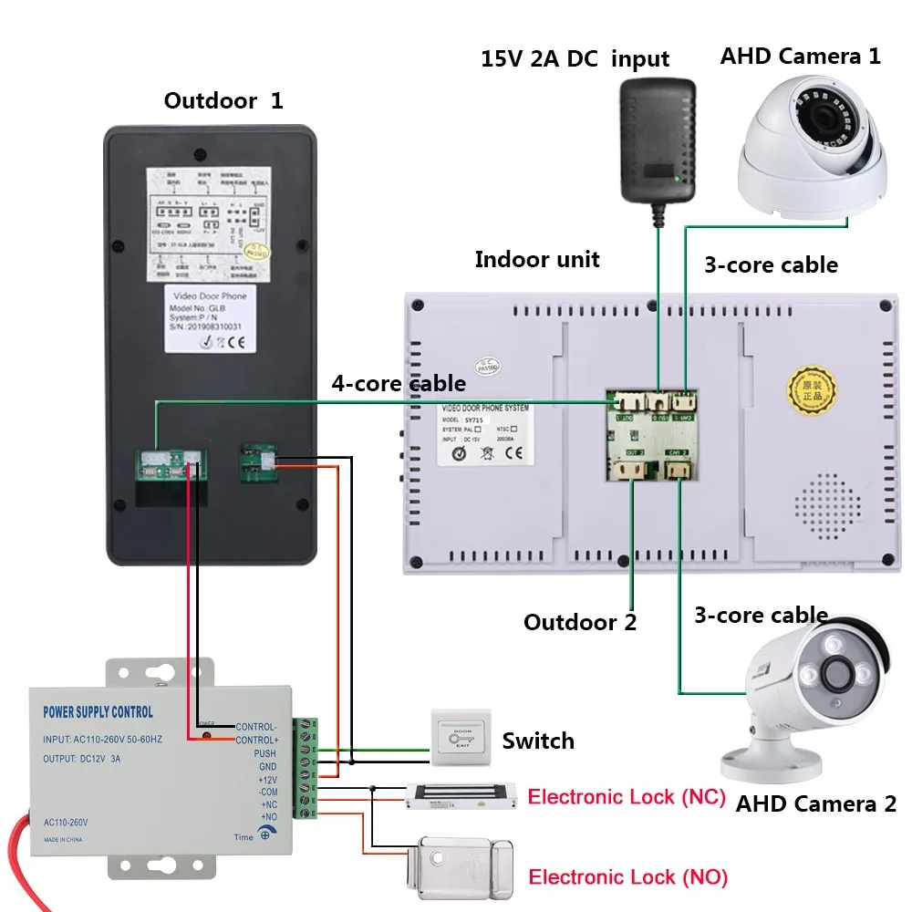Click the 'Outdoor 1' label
point(223,100)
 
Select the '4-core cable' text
point(399,383)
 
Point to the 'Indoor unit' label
point(537,259)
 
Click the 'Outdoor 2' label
point(580,623)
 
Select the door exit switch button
point(461,739)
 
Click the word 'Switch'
point(538,741)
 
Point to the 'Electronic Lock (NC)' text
point(627,797)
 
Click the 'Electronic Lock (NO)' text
point(628,877)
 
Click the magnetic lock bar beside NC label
point(462,795)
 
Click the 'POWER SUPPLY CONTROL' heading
point(98,712)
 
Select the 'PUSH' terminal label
point(264,754)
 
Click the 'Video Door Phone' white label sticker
point(209,318)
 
